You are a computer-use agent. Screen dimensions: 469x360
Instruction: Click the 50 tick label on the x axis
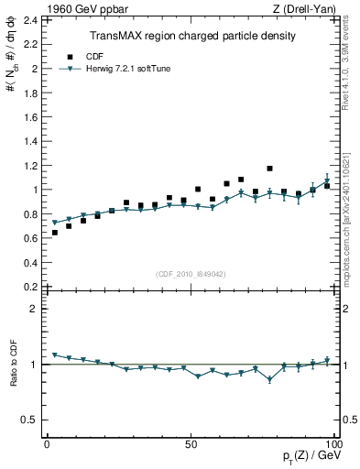tap(191, 444)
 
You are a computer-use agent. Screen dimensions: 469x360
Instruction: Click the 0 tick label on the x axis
tap(47, 444)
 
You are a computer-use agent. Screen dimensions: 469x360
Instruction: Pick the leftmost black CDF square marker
tap(55, 233)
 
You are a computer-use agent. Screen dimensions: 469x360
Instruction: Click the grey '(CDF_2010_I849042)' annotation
tap(191, 272)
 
